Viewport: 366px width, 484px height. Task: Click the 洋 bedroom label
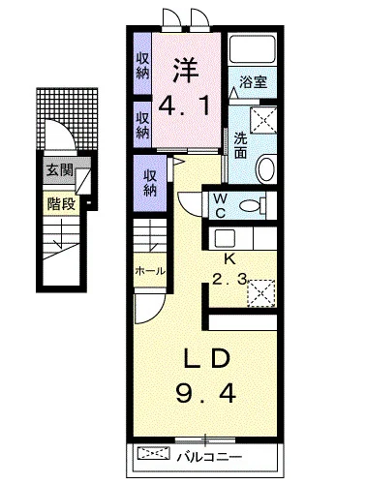coord(186,71)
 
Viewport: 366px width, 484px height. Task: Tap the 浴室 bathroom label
coord(254,82)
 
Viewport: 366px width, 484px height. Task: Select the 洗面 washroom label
coord(240,145)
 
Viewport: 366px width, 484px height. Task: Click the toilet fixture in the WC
coord(253,205)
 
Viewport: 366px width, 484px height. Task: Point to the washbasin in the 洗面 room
coord(266,168)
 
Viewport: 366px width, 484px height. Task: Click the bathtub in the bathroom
coord(253,48)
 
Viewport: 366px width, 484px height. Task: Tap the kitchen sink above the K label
coord(223,238)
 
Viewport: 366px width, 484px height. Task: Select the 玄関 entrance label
coord(60,170)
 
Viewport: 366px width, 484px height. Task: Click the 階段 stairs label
coord(61,204)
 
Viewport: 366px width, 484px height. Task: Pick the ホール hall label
coord(150,271)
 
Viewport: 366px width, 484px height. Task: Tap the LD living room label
coord(207,359)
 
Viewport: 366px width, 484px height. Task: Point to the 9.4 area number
coord(206,394)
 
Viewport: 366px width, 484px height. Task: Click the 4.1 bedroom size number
coord(186,106)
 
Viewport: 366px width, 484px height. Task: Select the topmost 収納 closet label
coord(142,66)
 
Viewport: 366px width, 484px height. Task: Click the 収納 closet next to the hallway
coord(150,183)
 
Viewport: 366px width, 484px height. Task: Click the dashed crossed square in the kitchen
coord(261,293)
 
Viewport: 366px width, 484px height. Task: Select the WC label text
coord(221,205)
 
